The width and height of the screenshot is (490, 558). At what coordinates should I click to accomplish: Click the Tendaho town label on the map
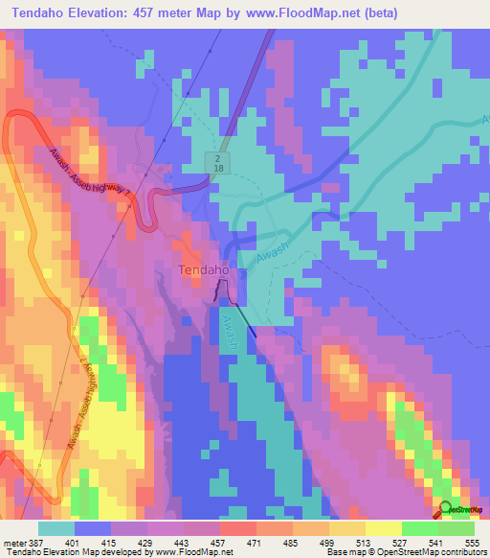click(203, 270)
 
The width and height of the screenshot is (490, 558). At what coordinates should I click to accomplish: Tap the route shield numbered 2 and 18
click(219, 162)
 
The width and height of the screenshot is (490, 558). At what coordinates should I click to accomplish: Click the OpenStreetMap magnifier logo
click(445, 508)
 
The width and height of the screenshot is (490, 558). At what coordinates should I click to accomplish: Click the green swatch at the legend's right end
click(456, 528)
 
